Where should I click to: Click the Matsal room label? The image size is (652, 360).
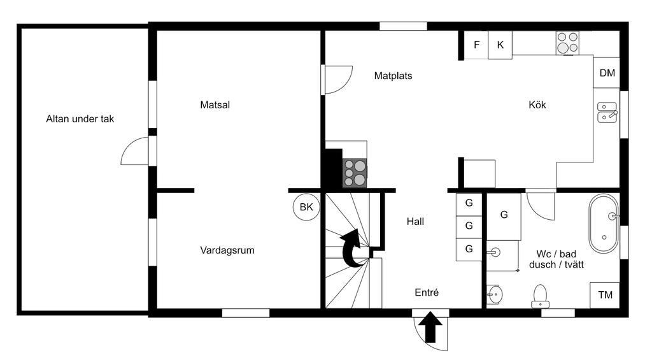(x=215, y=105)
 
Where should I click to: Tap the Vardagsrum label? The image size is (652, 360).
(x=227, y=250)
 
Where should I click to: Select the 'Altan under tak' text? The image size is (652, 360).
(x=80, y=119)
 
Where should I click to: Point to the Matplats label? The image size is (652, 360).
(x=393, y=76)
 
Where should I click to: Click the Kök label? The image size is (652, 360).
(x=537, y=105)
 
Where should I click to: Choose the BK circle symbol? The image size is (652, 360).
(x=306, y=207)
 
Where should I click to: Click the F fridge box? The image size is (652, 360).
(x=476, y=45)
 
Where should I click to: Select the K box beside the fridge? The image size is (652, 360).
(x=500, y=45)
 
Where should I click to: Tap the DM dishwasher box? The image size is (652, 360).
(x=607, y=73)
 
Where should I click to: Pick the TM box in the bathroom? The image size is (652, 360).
(x=605, y=295)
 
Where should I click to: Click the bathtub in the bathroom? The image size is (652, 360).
(x=604, y=224)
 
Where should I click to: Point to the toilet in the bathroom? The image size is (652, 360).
(x=540, y=296)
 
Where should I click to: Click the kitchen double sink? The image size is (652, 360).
(x=607, y=112)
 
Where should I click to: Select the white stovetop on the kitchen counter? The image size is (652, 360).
(x=567, y=43)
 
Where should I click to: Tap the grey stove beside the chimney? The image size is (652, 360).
(x=355, y=173)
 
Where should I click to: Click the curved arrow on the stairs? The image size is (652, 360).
(x=353, y=247)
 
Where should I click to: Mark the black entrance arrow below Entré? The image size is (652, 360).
(x=430, y=327)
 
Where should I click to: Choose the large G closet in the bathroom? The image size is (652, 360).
(x=504, y=217)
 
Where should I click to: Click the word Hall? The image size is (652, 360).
(x=415, y=221)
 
